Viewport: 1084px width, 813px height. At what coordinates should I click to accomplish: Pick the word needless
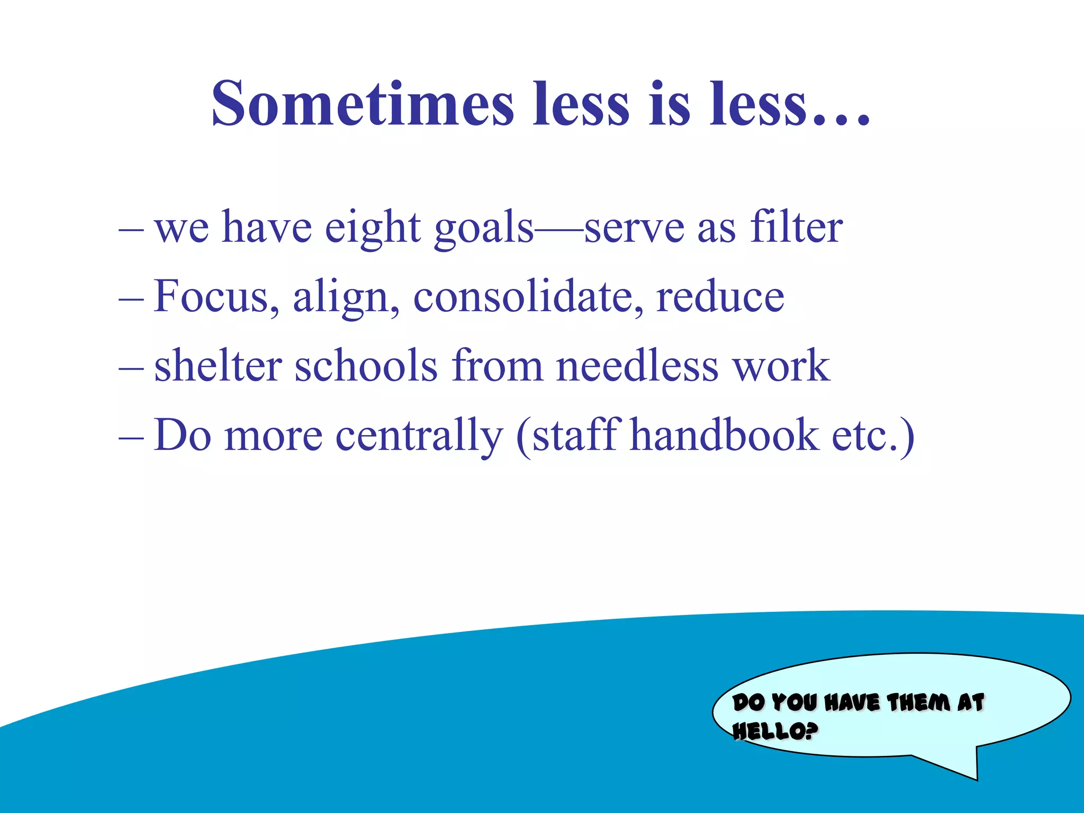tap(637, 366)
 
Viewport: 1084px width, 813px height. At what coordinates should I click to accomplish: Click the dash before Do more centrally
tap(131, 437)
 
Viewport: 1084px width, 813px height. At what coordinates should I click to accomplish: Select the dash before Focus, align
tap(131, 299)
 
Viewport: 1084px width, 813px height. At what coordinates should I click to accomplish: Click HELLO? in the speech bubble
tap(775, 731)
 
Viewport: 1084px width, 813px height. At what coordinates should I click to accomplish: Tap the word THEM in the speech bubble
tap(918, 703)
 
